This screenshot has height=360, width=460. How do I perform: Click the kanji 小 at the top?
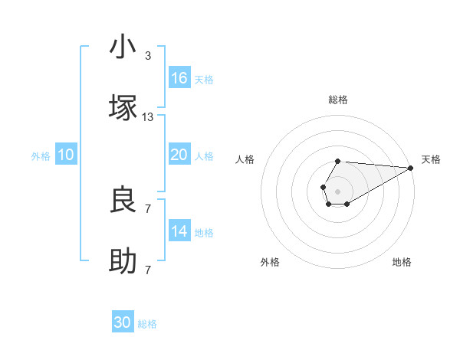click(x=123, y=47)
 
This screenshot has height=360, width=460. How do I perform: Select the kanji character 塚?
click(x=123, y=108)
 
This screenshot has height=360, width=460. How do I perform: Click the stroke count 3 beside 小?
click(x=148, y=56)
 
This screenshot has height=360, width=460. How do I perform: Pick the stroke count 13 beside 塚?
click(x=148, y=117)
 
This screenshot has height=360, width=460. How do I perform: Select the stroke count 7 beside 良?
click(x=148, y=208)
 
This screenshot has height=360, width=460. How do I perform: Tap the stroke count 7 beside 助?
click(x=148, y=270)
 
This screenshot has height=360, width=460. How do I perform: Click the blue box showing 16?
click(x=179, y=78)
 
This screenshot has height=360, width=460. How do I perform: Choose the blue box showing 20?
click(x=179, y=155)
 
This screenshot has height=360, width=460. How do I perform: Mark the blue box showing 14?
click(x=179, y=231)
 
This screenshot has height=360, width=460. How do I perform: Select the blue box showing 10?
click(x=66, y=155)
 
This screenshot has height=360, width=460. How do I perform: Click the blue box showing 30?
click(x=123, y=322)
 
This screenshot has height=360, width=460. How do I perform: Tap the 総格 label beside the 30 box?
click(x=147, y=324)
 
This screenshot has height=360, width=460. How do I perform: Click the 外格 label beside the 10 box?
click(x=41, y=155)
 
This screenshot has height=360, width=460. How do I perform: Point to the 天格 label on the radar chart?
click(x=431, y=159)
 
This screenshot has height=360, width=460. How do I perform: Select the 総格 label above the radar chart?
click(x=337, y=100)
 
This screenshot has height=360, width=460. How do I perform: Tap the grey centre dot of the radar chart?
click(x=337, y=190)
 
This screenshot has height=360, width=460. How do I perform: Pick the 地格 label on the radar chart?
click(x=402, y=263)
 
